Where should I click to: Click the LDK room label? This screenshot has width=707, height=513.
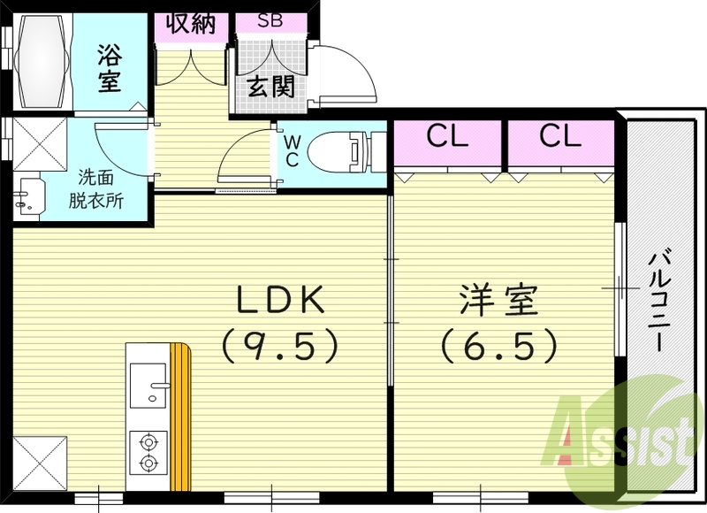[280, 302]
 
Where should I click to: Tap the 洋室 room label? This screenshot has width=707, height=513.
[498, 302]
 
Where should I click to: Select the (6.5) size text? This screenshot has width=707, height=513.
[498, 344]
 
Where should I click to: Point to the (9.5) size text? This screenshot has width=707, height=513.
[280, 344]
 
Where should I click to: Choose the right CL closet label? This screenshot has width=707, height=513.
[560, 137]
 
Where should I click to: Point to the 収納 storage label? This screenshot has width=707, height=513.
[191, 22]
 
